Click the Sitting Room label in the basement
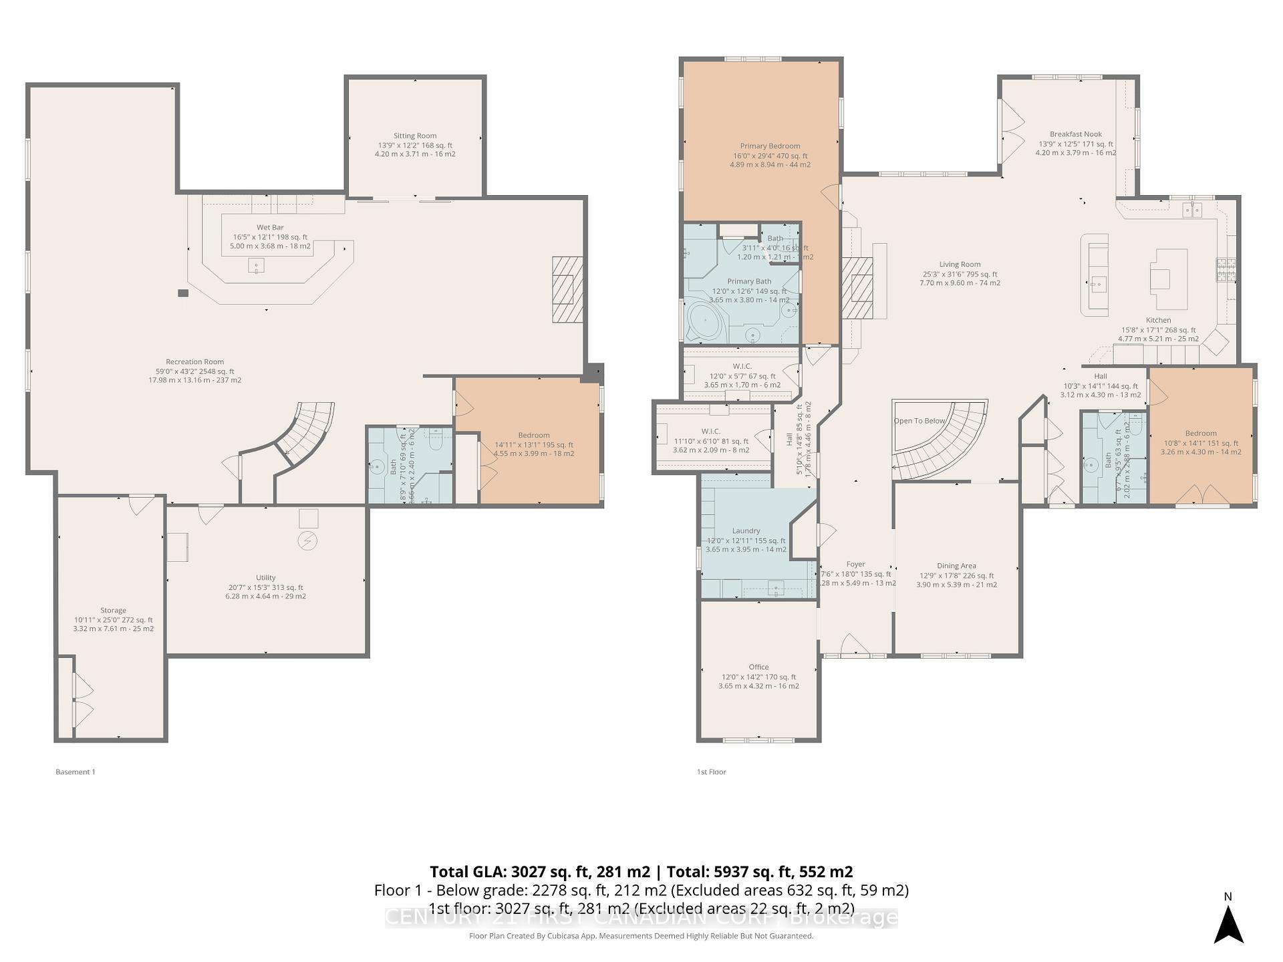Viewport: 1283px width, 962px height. (415, 136)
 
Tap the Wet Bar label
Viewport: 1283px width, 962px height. (270, 228)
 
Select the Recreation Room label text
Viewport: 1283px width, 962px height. (194, 362)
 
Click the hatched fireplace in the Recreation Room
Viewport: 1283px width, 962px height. (567, 290)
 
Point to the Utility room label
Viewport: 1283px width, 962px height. (265, 578)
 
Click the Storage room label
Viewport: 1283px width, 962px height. (113, 611)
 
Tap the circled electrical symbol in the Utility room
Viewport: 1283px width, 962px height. (308, 540)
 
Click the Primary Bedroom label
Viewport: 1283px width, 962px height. (770, 146)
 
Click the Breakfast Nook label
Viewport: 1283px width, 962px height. (1075, 134)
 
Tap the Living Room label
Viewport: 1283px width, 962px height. (960, 265)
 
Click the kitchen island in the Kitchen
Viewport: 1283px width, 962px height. (1168, 279)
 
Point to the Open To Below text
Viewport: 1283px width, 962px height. (919, 421)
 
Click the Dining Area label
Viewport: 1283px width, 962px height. (956, 566)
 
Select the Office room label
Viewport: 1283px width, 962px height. (758, 667)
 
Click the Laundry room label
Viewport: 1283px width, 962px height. (746, 531)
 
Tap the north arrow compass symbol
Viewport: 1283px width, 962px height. (1228, 925)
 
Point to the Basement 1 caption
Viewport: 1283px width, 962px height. (76, 772)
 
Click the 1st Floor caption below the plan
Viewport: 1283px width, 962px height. (711, 772)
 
